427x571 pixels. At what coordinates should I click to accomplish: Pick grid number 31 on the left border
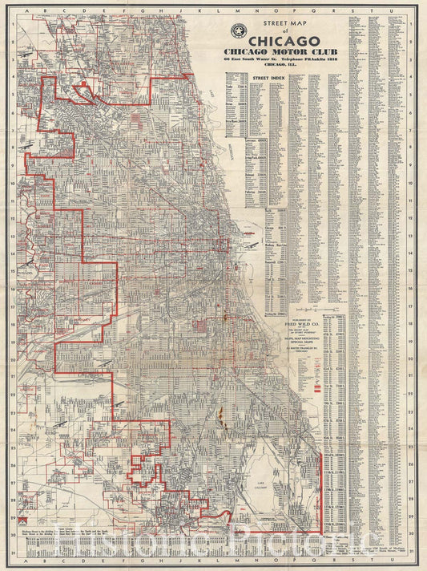16,553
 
